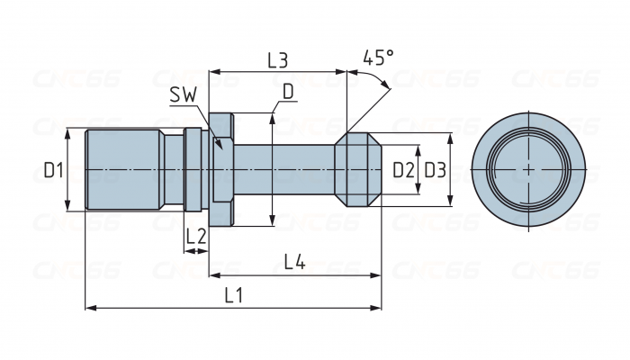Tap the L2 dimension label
196,237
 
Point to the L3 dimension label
277,60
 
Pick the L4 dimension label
294,262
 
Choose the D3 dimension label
435,169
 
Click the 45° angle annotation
378,58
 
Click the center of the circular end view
527,169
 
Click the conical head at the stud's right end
357,169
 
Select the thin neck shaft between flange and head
283,169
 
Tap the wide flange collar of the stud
222,169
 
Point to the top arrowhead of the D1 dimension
68,131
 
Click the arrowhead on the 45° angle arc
388,87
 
